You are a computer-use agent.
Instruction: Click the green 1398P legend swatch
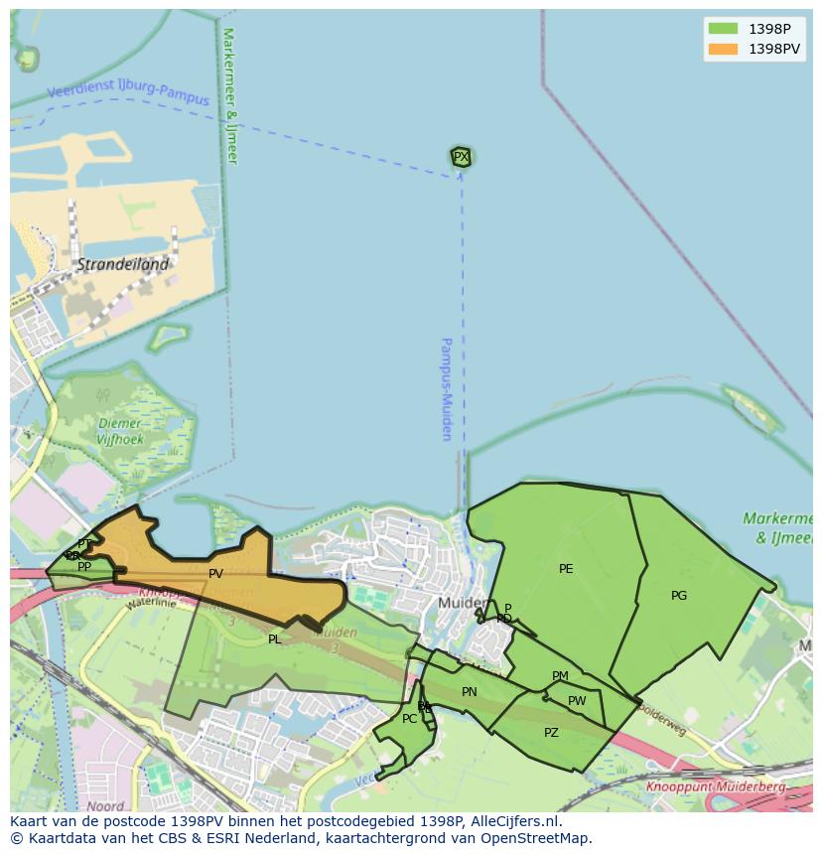coord(723,29)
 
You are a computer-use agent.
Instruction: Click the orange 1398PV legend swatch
coord(723,49)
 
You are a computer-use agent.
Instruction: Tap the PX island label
coord(461,157)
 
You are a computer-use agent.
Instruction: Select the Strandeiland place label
coord(123,265)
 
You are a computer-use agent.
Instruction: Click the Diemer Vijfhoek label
coord(121,431)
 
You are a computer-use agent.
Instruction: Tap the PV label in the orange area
coord(215,574)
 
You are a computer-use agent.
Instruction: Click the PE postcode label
coord(566,569)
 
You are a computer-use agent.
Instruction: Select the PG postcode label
coord(679,596)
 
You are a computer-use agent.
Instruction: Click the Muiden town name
coord(462,603)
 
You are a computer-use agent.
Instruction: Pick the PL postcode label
coord(275,640)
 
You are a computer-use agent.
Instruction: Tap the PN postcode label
coord(470,692)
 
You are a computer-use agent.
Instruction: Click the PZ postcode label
coord(551,733)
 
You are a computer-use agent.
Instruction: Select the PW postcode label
coord(577,701)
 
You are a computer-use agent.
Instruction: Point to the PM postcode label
coord(560,676)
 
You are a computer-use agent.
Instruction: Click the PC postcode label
coord(409,719)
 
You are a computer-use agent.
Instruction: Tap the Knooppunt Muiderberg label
coord(715,786)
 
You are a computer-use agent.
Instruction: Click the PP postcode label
coord(84,567)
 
